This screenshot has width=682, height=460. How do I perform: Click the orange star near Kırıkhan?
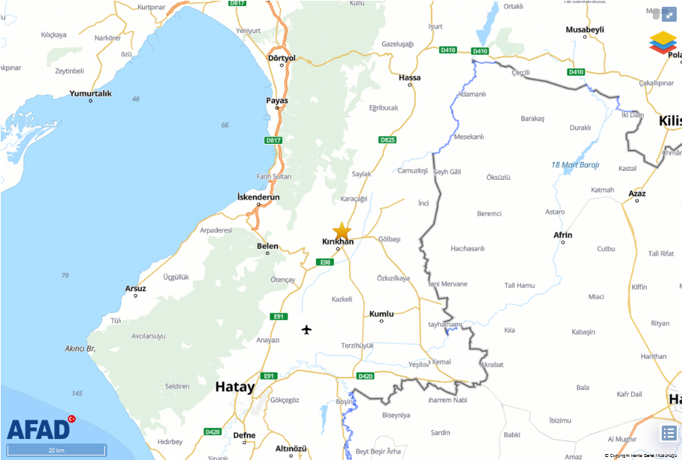[x=341, y=231]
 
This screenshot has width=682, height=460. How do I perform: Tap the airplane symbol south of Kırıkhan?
[x=306, y=329]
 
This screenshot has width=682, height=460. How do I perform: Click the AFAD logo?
[x=39, y=429]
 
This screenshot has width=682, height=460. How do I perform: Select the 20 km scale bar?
[x=56, y=450]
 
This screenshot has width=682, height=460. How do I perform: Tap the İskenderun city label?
[x=258, y=197]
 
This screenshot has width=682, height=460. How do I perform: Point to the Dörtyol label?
[x=282, y=58]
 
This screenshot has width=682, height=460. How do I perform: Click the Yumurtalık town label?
[x=90, y=94]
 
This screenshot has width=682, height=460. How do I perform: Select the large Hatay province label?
[x=235, y=387]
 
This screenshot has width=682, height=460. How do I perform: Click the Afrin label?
[x=562, y=234]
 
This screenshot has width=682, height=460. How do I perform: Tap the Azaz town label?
[x=637, y=193]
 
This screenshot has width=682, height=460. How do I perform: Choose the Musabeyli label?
[x=584, y=29]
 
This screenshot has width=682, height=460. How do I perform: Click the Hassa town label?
[x=410, y=77]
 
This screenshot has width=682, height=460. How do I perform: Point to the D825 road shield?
[x=387, y=140]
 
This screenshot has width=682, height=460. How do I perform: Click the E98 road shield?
[x=325, y=261]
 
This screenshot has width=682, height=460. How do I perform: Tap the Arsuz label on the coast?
[x=136, y=288]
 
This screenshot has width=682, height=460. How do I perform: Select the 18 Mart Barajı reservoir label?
[x=575, y=165]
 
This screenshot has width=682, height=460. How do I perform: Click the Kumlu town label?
[x=381, y=314]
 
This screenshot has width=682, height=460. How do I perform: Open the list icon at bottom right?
[x=668, y=432]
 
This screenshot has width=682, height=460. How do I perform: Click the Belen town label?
[x=267, y=246]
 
